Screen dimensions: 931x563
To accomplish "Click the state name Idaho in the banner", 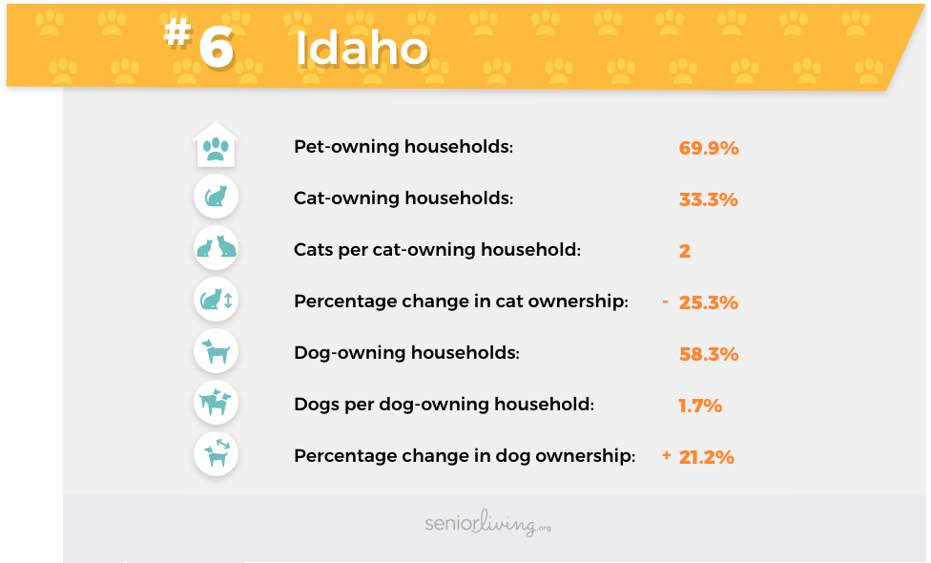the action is point(362,48).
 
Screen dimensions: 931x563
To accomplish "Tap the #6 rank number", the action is point(199,43).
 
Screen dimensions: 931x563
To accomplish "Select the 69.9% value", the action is point(709,148).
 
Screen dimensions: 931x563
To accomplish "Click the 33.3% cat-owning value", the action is point(709,199).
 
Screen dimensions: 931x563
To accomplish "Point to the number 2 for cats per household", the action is point(685,251).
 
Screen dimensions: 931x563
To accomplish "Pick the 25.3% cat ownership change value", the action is point(709,302).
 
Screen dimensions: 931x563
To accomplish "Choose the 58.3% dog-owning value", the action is point(709,354).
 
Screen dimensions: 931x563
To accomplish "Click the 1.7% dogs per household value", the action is point(700,406).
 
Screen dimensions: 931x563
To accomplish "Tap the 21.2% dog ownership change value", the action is point(707,457).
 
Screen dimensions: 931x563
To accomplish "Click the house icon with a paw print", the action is point(216,144).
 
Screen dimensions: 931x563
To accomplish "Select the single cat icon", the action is point(217,197).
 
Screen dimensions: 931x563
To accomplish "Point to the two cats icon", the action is point(217,248).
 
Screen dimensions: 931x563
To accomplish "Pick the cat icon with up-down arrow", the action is point(217,300).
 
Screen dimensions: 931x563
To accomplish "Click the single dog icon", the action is point(217,351).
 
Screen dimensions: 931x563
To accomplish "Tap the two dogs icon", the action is point(217,403).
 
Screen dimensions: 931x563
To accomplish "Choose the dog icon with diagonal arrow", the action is point(217,454).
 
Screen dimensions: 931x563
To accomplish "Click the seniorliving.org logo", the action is point(488,523).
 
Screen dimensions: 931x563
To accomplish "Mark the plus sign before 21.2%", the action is point(666,455).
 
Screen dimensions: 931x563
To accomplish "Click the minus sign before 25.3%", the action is point(666,302).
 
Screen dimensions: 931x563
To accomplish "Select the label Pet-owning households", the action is point(403,147).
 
